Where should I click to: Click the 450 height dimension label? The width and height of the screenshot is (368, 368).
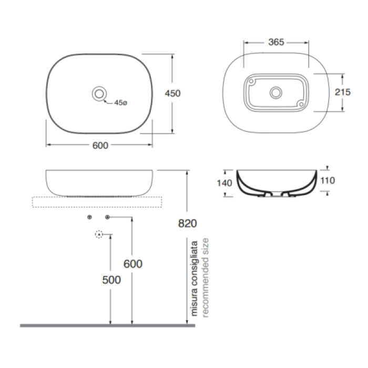[x=172, y=94]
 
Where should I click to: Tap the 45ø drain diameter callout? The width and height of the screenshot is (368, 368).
[x=120, y=103]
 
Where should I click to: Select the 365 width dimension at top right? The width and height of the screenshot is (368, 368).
[x=276, y=42]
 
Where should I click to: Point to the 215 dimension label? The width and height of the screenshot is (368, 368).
[x=342, y=92]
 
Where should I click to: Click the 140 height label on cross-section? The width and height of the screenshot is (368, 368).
[x=224, y=183]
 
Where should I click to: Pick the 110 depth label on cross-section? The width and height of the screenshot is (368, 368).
[x=328, y=180]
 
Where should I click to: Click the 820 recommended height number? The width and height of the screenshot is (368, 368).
[x=187, y=223]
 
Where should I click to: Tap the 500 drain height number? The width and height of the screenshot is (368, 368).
[x=111, y=280]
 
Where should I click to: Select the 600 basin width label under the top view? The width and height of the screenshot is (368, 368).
[x=100, y=146]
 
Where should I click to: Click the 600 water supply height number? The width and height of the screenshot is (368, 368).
[x=133, y=264]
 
